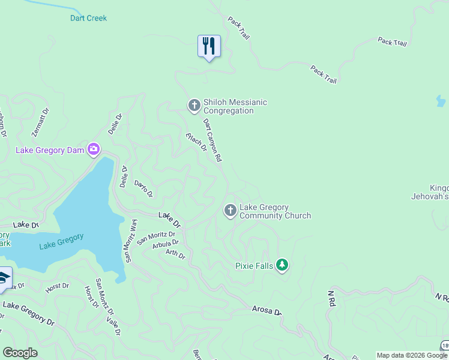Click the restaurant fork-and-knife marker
pyautogui.click(x=209, y=46)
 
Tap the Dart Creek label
pyautogui.click(x=88, y=18)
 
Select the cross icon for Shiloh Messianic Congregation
pyautogui.click(x=194, y=106)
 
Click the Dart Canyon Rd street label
pyautogui.click(x=212, y=140)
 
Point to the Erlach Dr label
pyautogui.click(x=196, y=142)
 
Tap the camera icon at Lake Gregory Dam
pyautogui.click(x=93, y=149)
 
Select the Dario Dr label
pyautogui.click(x=143, y=188)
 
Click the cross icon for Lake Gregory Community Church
pyautogui.click(x=230, y=211)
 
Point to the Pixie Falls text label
pyautogui.click(x=255, y=265)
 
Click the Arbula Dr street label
pyautogui.click(x=166, y=244)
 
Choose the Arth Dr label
pyautogui.click(x=175, y=254)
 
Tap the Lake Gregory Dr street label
pyautogui.click(x=28, y=313)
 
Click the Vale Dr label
pyautogui.click(x=113, y=323)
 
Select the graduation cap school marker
pyautogui.click(x=4, y=278)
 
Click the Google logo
pyautogui.click(x=20, y=353)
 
